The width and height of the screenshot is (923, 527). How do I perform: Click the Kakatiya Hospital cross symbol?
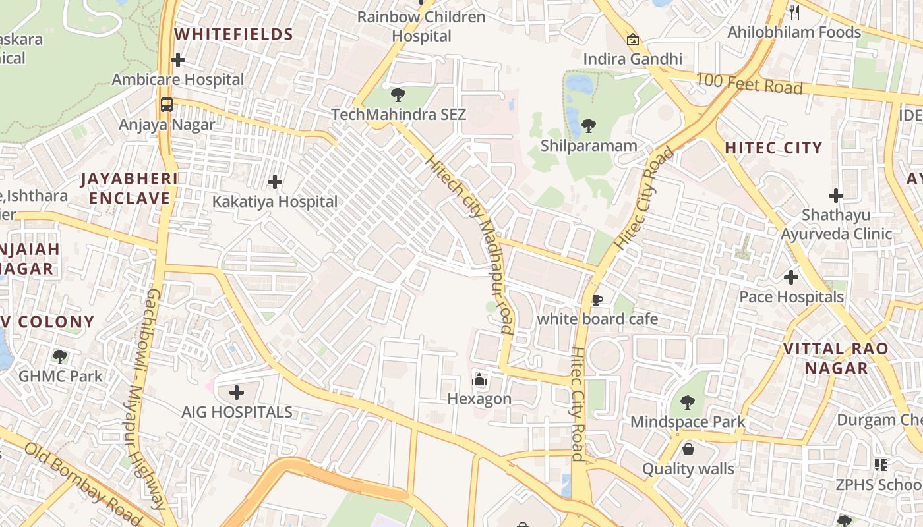point(275,182)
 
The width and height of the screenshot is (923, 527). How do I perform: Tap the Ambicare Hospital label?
point(178,80)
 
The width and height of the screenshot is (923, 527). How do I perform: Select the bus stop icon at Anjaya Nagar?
point(167,105)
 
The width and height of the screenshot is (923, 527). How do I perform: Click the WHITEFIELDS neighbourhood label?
point(233,34)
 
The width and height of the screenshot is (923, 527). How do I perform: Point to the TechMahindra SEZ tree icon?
point(398,95)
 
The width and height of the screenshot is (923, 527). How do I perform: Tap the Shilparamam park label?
point(589,146)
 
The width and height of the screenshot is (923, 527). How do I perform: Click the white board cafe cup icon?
point(597,300)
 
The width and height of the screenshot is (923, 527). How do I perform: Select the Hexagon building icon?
point(479,379)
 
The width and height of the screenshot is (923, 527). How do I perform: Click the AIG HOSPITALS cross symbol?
point(237,393)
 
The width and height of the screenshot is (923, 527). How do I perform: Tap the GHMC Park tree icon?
point(60,357)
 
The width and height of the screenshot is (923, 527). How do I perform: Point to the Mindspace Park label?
point(688,422)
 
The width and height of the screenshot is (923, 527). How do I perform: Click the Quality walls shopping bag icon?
point(688,450)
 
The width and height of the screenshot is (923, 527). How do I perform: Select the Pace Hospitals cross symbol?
point(791,277)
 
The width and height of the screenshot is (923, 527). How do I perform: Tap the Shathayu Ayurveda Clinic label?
point(836,225)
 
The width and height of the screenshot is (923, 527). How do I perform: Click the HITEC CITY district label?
point(774,148)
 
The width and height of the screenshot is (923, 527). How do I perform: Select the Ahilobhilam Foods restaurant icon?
point(794,13)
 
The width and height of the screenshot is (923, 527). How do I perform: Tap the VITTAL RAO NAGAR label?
point(836,358)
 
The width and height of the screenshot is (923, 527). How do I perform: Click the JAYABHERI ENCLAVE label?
point(129,188)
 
